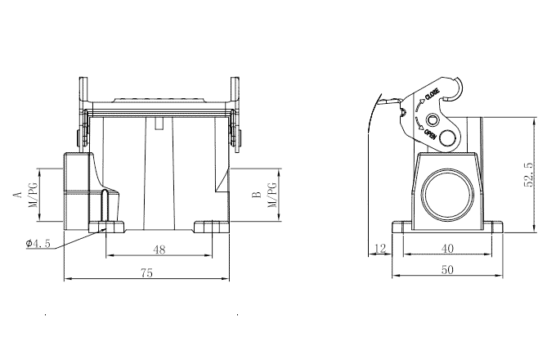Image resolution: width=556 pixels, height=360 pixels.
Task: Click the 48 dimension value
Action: tap(159, 250)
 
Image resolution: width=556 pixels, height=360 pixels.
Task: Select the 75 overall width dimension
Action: tap(146, 274)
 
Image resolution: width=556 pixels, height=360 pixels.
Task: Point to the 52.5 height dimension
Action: tap(529, 173)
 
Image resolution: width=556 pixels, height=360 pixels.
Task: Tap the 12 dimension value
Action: tap(380, 248)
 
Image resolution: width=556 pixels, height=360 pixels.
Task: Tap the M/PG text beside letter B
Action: tap(273, 195)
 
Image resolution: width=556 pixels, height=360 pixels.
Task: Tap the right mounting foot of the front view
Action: tap(210, 227)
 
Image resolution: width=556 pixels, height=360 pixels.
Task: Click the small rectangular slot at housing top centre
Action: tap(159, 124)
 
